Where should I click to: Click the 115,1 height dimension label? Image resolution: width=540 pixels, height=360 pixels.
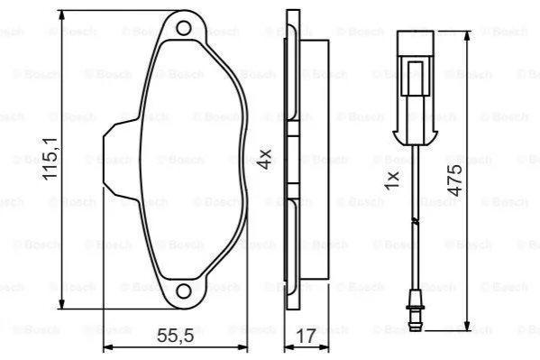tap(50, 159)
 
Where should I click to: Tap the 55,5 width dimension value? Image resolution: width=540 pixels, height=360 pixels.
tap(175, 336)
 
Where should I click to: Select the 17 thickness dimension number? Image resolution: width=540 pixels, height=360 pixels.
tap(306, 337)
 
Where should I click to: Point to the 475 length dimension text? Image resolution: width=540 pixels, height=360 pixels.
tap(455, 180)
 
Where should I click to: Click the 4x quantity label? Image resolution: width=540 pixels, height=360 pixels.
tap(265, 159)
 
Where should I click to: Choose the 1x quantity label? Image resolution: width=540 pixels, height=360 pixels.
tap(392, 180)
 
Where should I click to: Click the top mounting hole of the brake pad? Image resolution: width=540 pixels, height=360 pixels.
tap(184, 28)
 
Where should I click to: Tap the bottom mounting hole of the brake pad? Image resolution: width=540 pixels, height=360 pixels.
tap(184, 291)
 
